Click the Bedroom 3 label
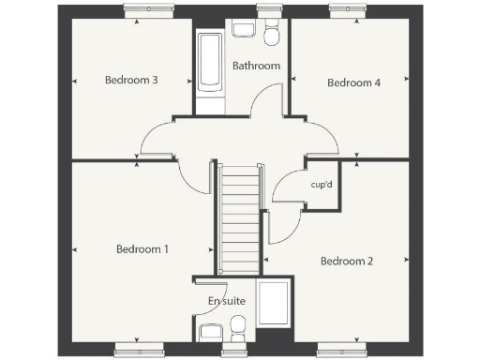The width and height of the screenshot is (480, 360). (130, 81)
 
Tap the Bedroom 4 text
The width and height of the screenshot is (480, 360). (353, 82)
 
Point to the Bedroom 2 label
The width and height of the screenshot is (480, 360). (347, 260)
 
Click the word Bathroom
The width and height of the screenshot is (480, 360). (256, 66)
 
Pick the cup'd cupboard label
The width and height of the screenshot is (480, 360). (322, 185)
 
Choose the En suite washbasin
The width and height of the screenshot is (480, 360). (210, 333)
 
